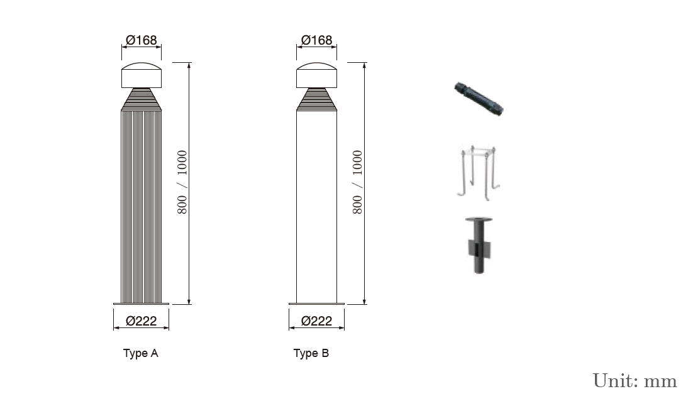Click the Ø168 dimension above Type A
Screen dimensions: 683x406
pos(141,40)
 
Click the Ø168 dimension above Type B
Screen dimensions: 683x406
pos(317,40)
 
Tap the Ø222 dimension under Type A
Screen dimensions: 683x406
pos(141,321)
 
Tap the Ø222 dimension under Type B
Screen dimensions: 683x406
pos(317,321)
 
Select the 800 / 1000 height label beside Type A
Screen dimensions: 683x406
pos(182,182)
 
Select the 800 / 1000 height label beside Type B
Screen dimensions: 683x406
pos(357,182)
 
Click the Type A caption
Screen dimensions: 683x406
pos(141,353)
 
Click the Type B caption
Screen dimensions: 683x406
pos(311,353)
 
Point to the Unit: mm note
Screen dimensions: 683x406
pos(635,381)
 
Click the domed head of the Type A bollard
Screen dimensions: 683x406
pos(141,75)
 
